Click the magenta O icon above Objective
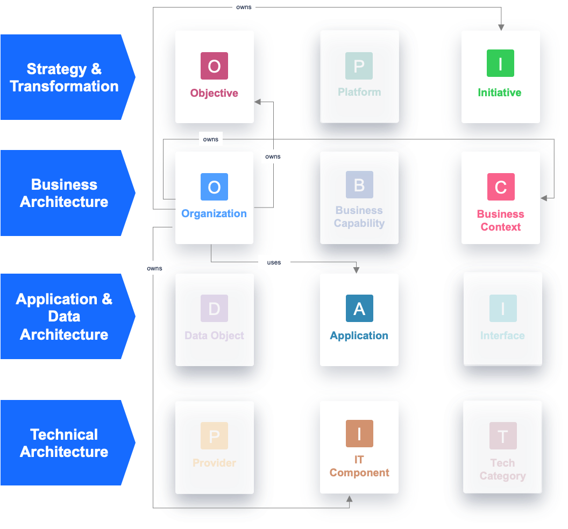coord(214,66)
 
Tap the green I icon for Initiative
coord(500,63)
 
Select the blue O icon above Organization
coord(214,187)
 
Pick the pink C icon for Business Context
coord(501,187)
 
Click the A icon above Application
coord(359,309)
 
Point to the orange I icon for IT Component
coord(359,433)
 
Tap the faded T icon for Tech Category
coord(503,436)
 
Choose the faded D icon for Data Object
coord(214,309)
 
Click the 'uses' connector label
coord(274,262)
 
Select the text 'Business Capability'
coord(359,217)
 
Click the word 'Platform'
coord(359,92)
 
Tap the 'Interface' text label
coord(502,335)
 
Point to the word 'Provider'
coord(214,463)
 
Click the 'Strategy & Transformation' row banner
coord(65,77)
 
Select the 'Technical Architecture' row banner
coord(65,443)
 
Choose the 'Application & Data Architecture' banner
coord(65,317)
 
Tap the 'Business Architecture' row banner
coord(65,193)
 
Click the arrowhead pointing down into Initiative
coord(501,27)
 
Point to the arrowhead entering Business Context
coord(544,198)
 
